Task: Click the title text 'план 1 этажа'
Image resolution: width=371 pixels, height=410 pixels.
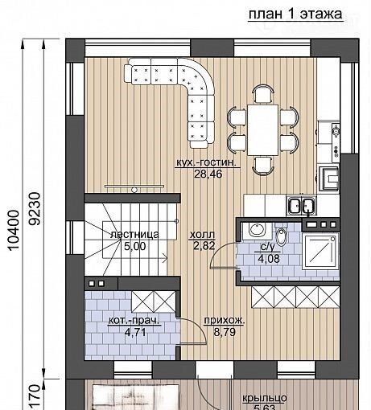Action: (295, 14)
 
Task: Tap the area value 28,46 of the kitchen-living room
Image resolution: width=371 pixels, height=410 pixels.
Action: (208, 174)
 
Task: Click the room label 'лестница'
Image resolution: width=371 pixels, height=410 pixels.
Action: (134, 235)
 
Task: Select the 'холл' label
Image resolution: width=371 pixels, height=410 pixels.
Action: (202, 235)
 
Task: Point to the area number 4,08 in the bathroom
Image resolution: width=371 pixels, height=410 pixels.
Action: (269, 259)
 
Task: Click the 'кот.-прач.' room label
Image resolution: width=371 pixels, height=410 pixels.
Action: (134, 321)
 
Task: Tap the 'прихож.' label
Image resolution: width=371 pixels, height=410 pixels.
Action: (225, 321)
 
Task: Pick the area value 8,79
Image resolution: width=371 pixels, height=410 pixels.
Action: (225, 332)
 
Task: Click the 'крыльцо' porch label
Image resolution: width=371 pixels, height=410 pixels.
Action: (265, 398)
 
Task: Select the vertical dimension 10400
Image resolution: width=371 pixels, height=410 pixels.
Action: (14, 231)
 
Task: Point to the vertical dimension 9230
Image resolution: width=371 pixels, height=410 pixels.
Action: (35, 209)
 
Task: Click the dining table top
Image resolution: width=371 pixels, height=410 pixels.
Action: (263, 130)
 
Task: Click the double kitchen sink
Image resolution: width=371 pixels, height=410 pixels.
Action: (301, 206)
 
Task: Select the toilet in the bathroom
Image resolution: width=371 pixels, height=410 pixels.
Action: (281, 236)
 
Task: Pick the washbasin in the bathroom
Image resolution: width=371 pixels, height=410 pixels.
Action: (258, 230)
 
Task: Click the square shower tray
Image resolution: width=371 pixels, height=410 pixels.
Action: (321, 251)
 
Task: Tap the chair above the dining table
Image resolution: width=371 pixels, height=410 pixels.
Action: (264, 94)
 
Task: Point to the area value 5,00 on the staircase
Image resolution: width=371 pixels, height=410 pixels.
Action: (134, 246)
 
